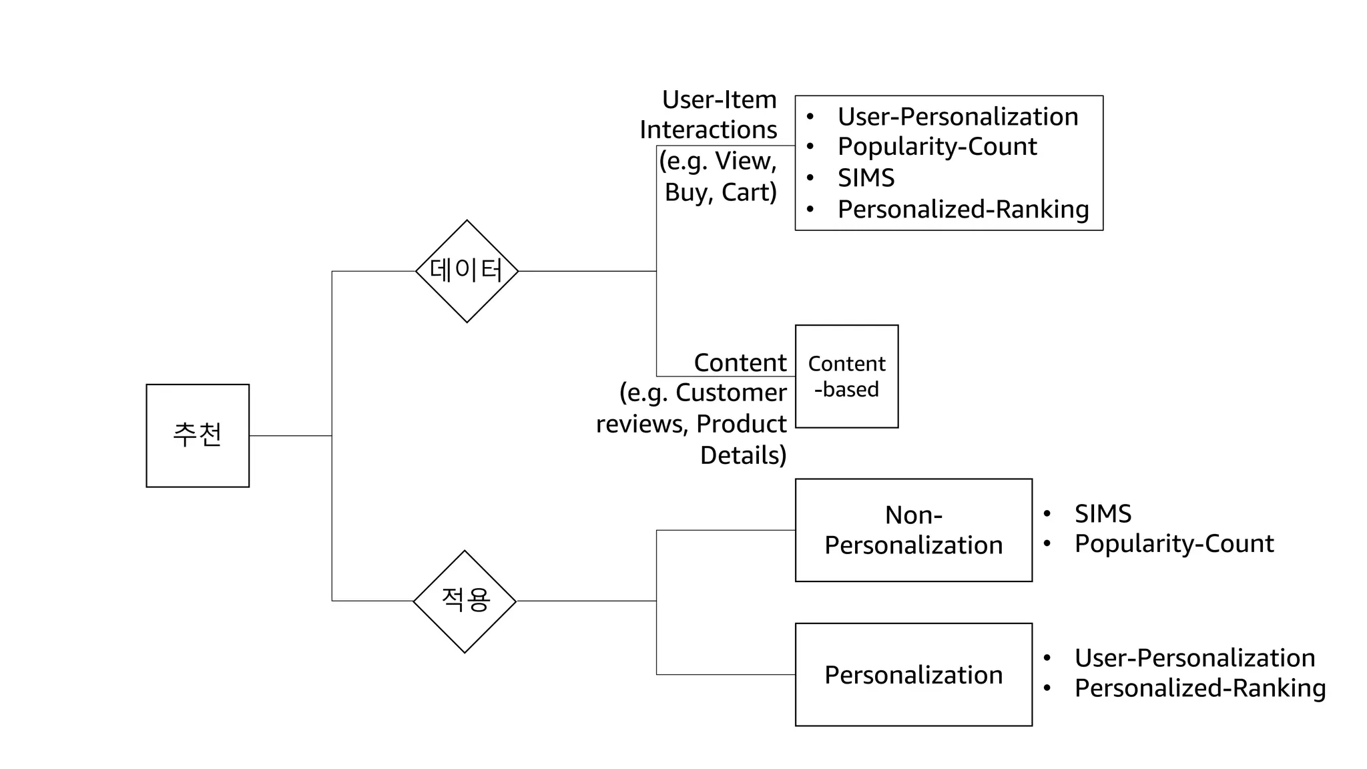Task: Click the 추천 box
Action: click(198, 435)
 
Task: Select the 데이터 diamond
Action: click(467, 271)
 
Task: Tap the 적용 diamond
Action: click(465, 601)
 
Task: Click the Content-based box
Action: click(846, 376)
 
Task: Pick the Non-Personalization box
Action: click(913, 530)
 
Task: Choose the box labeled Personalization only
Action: click(913, 674)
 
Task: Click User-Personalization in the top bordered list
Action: click(957, 117)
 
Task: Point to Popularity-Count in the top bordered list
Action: click(936, 147)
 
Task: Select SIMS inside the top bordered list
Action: click(866, 178)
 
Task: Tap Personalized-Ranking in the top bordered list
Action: click(963, 210)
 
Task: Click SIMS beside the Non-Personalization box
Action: click(1103, 514)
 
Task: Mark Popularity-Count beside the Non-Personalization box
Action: click(1173, 544)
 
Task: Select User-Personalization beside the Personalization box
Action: click(1194, 658)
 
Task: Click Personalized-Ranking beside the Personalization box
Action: click(1199, 688)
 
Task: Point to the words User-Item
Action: click(719, 100)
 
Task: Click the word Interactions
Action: click(708, 130)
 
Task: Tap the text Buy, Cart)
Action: click(720, 192)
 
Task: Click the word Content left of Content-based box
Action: click(740, 362)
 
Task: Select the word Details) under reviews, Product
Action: click(743, 455)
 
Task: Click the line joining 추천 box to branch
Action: click(290, 436)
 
